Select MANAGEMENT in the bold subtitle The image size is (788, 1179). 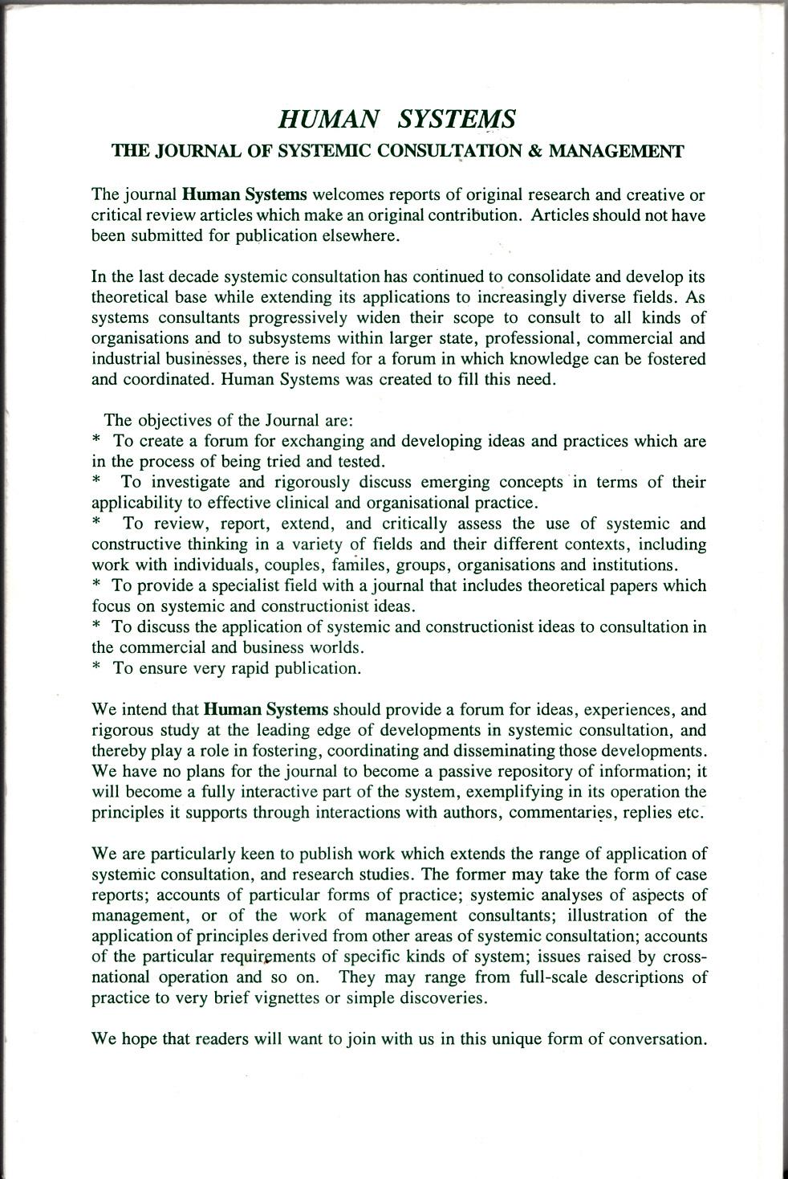tap(615, 151)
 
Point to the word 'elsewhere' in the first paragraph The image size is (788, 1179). tap(359, 236)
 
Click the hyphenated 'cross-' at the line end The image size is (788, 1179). tap(684, 957)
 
